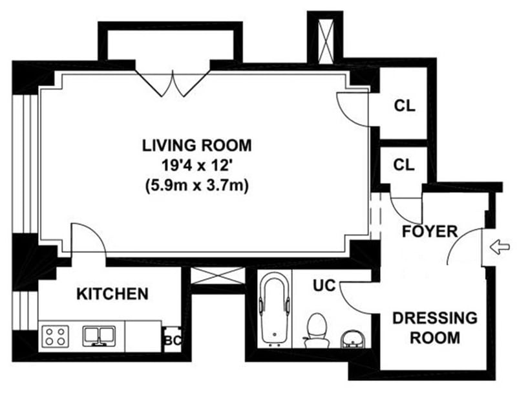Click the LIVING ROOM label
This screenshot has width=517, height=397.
click(197, 145)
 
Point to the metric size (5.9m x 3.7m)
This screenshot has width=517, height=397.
click(196, 186)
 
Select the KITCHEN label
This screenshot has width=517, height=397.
click(112, 294)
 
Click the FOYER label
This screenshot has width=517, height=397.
click(430, 231)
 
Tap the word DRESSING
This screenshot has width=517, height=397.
click(435, 318)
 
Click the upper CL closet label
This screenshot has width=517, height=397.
click(405, 106)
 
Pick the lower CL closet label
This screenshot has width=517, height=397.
click(404, 164)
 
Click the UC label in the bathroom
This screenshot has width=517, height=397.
click(324, 285)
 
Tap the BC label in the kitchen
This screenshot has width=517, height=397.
click(173, 340)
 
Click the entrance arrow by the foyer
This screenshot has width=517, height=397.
click(500, 247)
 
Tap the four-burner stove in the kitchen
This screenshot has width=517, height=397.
click(56, 336)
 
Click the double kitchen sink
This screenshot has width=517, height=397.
click(100, 336)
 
